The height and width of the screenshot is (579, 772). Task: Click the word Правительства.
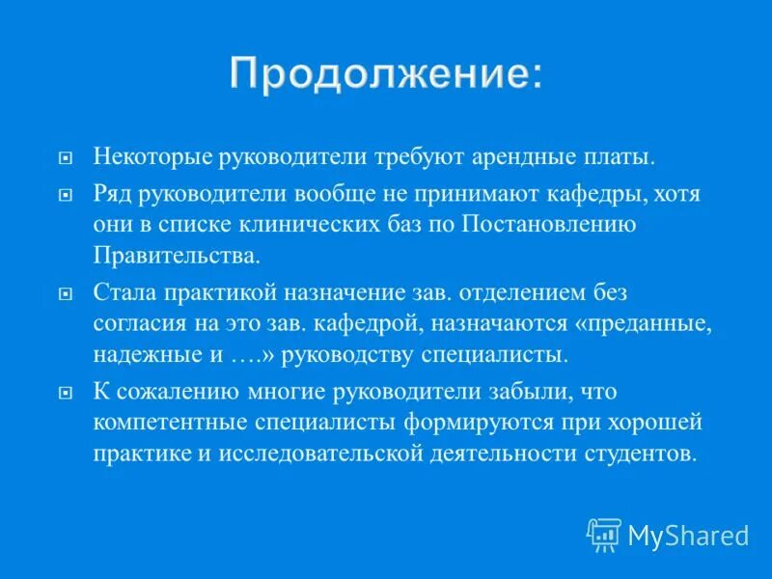click(x=177, y=257)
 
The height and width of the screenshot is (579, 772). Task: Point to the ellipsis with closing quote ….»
click(x=255, y=354)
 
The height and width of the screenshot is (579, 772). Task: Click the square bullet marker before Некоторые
click(x=66, y=156)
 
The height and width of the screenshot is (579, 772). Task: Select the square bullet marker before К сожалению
click(x=66, y=392)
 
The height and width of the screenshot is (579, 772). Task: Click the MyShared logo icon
click(x=604, y=534)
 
